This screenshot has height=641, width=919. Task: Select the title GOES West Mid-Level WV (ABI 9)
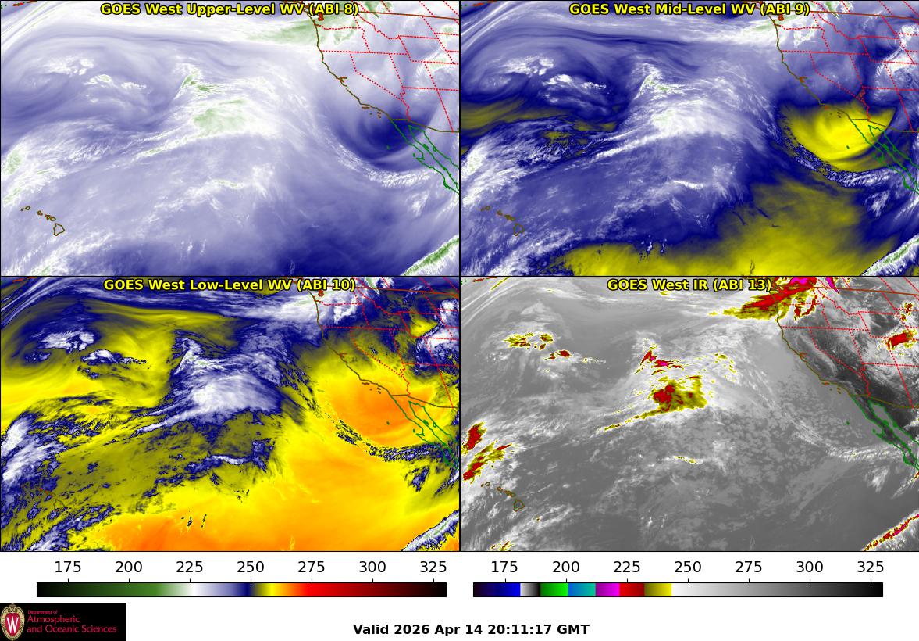pyautogui.click(x=689, y=9)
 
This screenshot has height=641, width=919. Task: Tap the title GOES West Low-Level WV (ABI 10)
pyautogui.click(x=229, y=285)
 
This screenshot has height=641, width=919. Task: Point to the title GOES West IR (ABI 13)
pyautogui.click(x=689, y=285)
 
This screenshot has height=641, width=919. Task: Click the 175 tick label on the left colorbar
pyautogui.click(x=68, y=568)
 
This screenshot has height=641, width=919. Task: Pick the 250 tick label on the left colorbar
pyautogui.click(x=251, y=568)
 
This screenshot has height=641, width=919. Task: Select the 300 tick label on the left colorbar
pyautogui.click(x=372, y=568)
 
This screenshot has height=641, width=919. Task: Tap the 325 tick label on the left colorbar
pyautogui.click(x=433, y=568)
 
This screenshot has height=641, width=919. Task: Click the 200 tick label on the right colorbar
pyautogui.click(x=565, y=568)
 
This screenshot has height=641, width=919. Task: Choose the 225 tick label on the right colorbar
pyautogui.click(x=626, y=568)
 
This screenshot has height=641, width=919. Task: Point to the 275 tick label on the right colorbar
pyautogui.click(x=748, y=568)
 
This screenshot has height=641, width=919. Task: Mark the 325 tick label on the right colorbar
pyautogui.click(x=870, y=568)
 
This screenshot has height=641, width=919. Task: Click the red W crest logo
pyautogui.click(x=12, y=622)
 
